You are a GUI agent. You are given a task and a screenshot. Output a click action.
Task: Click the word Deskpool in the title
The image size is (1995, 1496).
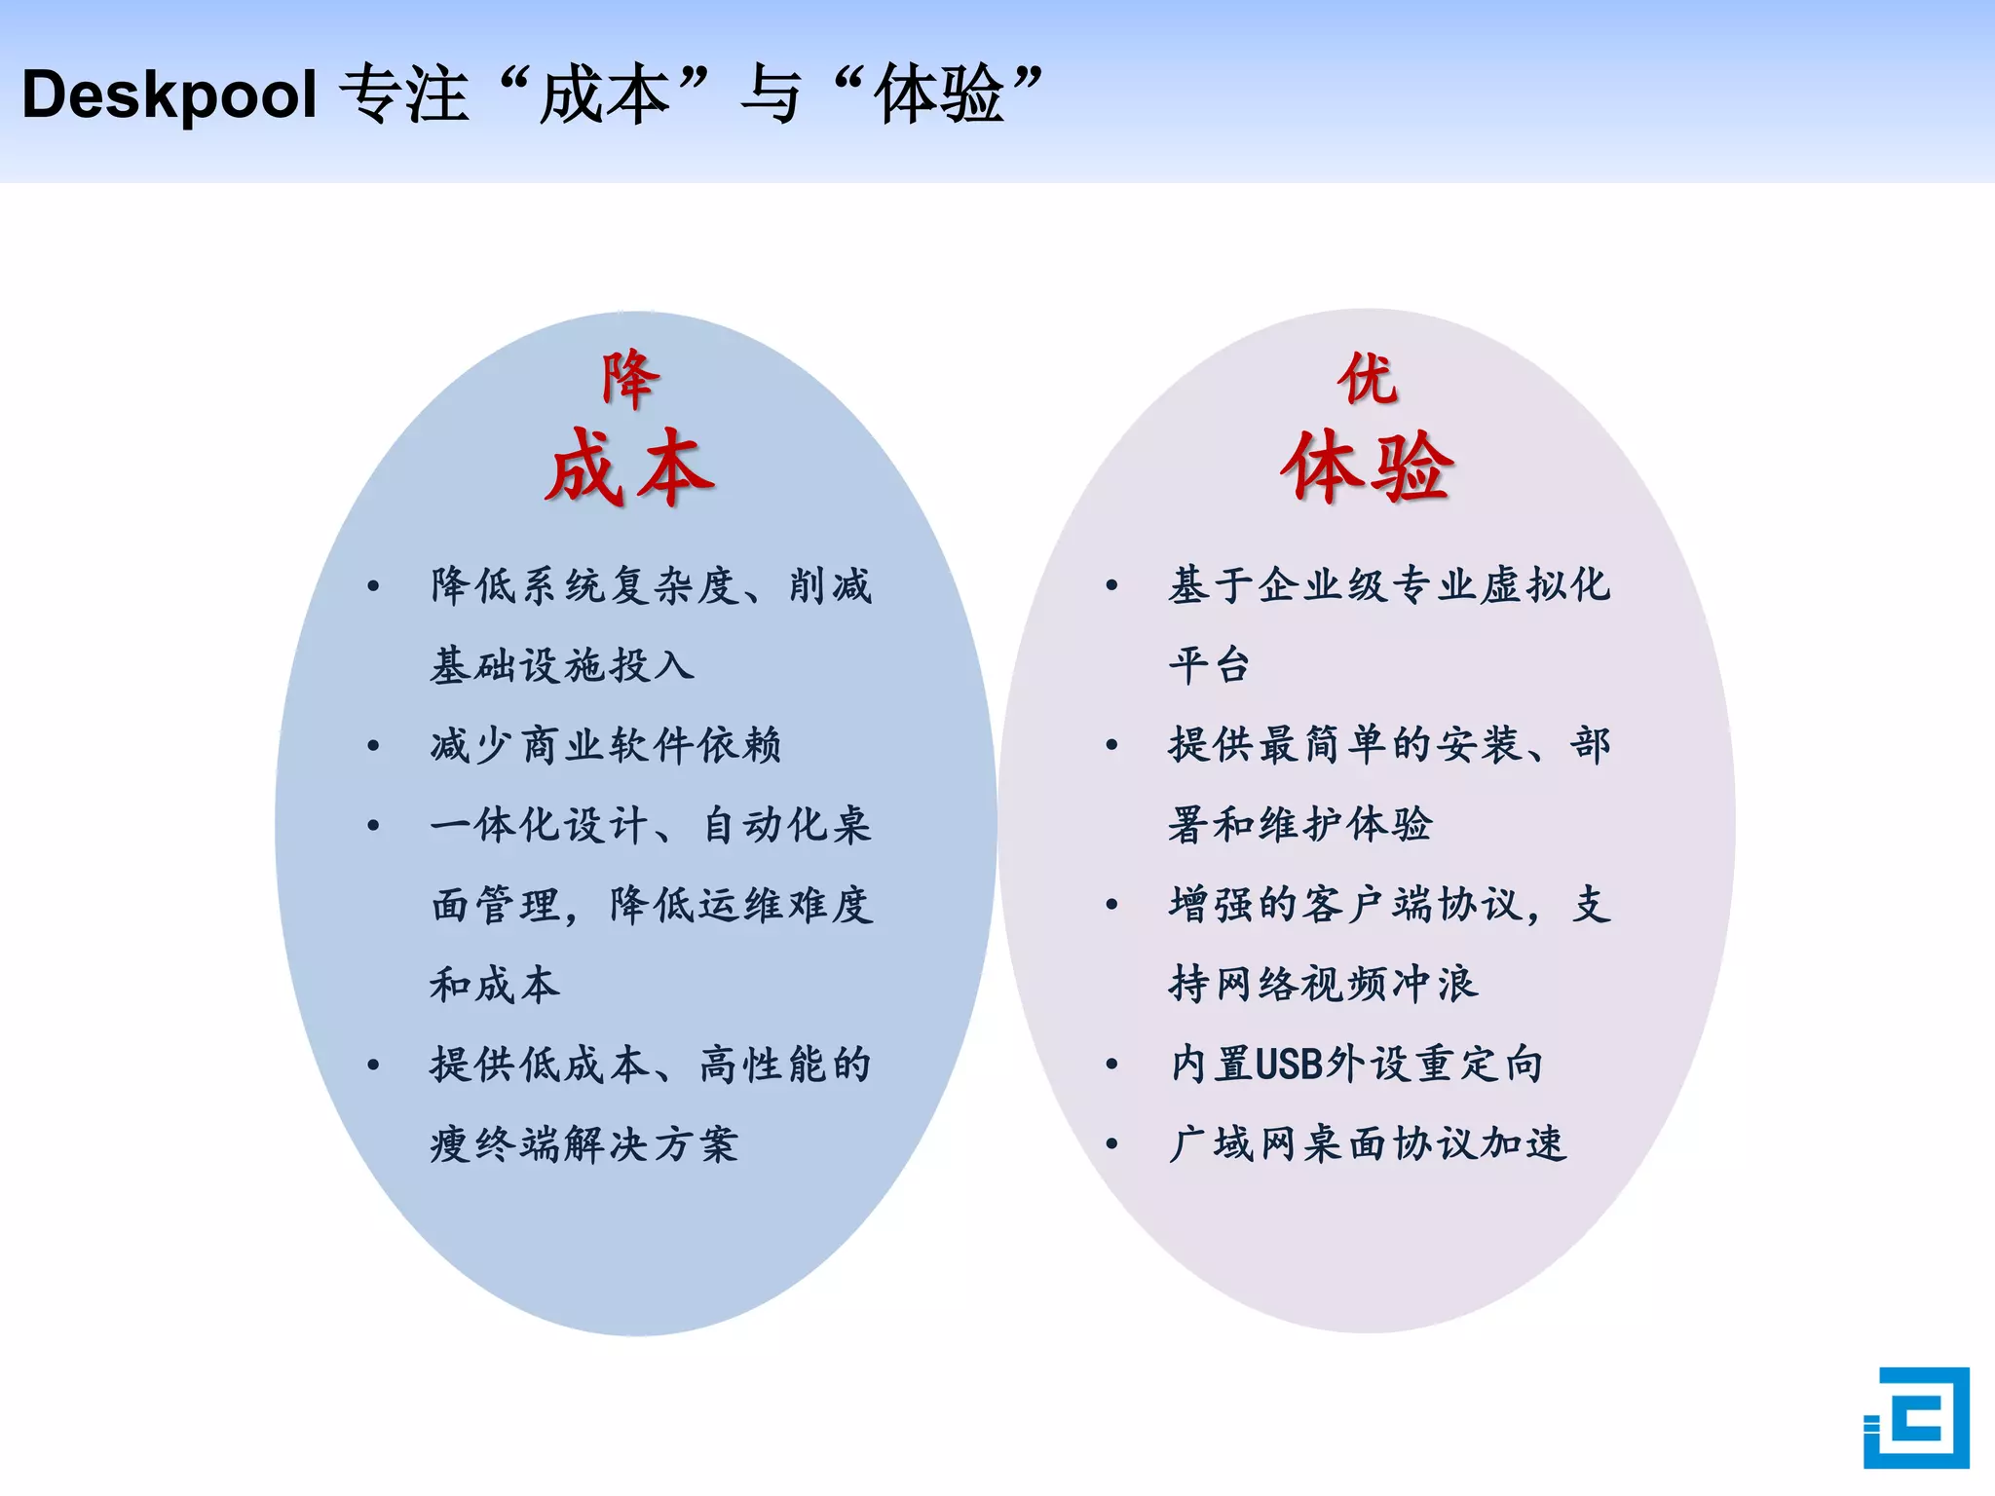[x=169, y=95]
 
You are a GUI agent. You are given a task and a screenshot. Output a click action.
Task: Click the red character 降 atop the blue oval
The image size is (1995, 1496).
[x=630, y=379]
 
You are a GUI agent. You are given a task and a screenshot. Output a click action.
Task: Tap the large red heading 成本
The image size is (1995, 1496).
[x=630, y=468]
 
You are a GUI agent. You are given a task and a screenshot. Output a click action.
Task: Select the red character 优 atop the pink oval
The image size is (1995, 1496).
[x=1367, y=379]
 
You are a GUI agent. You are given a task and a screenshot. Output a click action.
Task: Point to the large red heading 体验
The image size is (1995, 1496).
[x=1367, y=468]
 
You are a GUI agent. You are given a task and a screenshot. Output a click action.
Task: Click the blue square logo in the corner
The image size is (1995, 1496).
[x=1915, y=1417]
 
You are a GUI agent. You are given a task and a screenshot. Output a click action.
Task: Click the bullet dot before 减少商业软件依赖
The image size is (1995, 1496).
[x=373, y=746]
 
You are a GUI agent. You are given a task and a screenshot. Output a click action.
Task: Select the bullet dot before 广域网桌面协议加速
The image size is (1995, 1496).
[x=1111, y=1144]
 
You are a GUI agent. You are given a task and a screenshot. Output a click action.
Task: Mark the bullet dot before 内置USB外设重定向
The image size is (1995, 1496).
[x=1111, y=1065]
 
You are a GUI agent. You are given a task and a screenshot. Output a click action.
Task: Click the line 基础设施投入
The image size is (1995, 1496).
[x=562, y=666]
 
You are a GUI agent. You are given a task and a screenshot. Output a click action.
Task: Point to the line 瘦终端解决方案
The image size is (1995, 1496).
[x=584, y=1144]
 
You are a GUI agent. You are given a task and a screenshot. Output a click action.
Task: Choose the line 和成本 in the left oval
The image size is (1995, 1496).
[x=495, y=985]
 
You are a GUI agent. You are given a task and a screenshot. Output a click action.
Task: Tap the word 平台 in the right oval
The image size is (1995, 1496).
[x=1209, y=666]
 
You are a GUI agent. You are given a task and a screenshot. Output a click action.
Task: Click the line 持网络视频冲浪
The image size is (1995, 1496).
[x=1323, y=985]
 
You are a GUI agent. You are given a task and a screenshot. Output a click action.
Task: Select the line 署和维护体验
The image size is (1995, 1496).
[x=1300, y=825]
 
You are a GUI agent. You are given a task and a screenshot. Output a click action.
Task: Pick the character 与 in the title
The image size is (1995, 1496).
[x=770, y=95]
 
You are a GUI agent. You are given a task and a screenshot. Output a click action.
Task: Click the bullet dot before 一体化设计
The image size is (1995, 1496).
[x=373, y=826]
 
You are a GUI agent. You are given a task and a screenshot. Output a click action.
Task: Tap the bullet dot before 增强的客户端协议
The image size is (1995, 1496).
[x=1111, y=905]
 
